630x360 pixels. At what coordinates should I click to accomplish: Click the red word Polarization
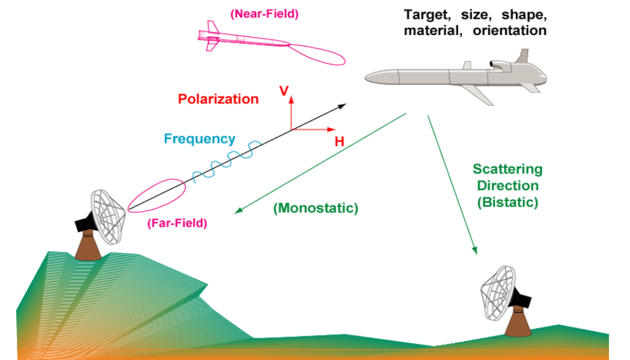click(x=218, y=99)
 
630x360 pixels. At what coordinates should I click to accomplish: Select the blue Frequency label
click(x=200, y=140)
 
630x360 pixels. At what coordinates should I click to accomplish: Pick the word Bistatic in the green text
click(x=507, y=202)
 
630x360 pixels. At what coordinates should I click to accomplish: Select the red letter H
click(x=339, y=142)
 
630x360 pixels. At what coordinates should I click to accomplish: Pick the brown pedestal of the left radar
click(x=88, y=245)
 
